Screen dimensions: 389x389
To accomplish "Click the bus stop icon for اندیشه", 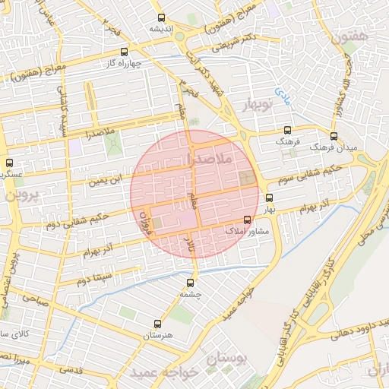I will click(160, 17).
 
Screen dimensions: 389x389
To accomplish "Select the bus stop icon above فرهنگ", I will click(286, 130).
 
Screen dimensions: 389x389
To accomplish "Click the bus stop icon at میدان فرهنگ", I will click(334, 136).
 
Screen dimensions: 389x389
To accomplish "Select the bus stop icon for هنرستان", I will click(157, 323).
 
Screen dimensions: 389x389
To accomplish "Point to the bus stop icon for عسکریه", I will click(9, 163).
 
